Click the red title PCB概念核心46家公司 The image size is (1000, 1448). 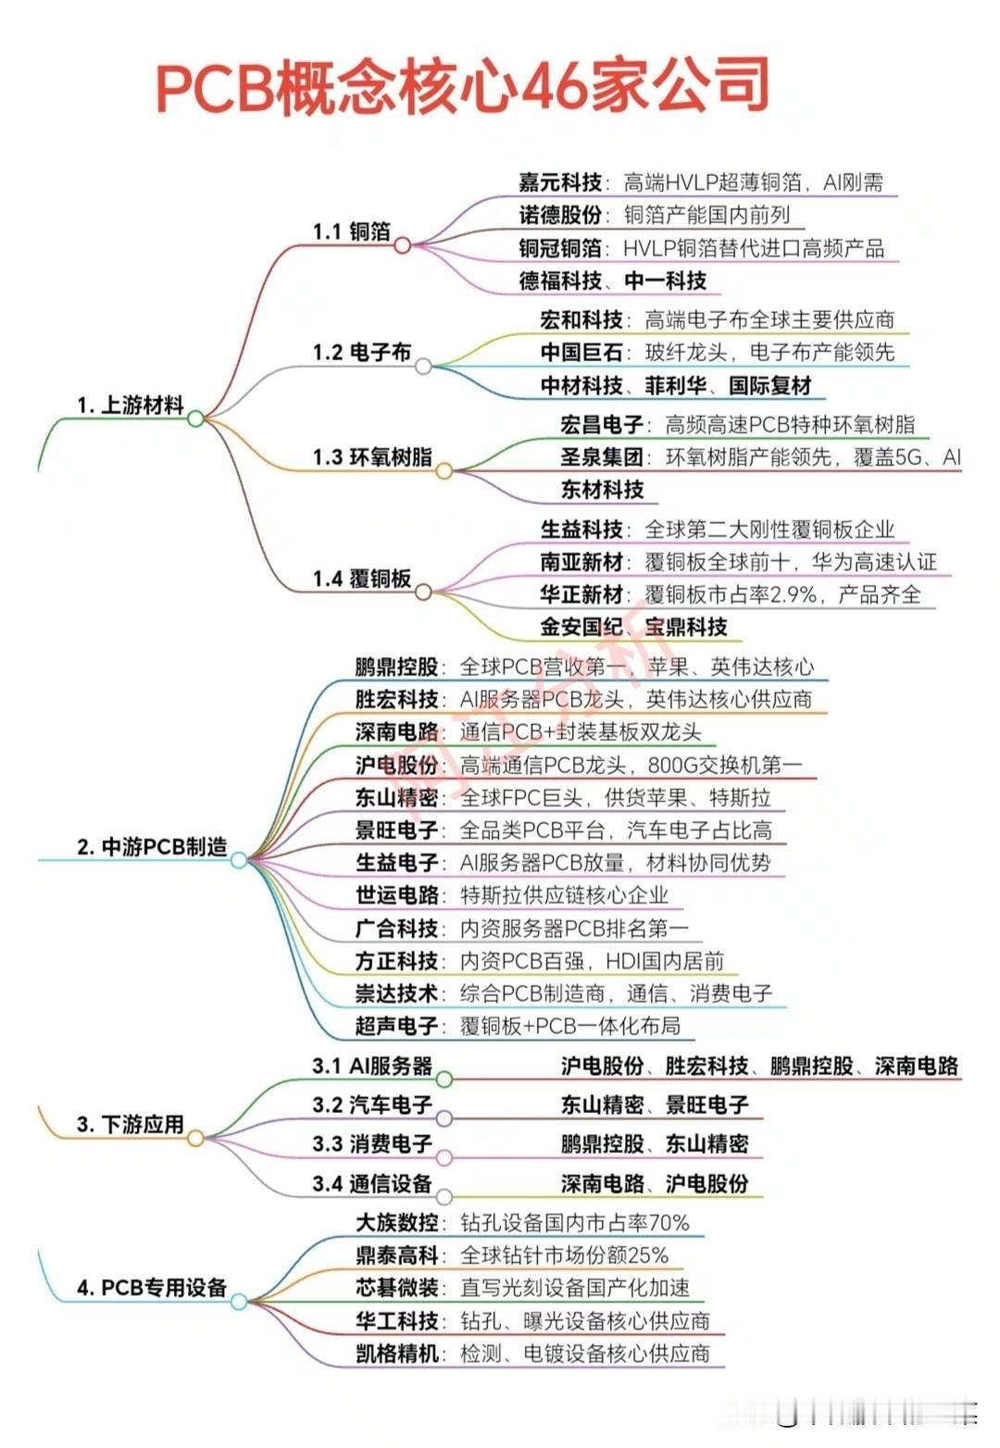pyautogui.click(x=461, y=86)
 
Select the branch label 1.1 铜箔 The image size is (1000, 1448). pyautogui.click(x=351, y=231)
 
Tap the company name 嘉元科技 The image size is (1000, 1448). pyautogui.click(x=559, y=182)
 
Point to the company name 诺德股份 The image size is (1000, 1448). pyautogui.click(x=559, y=215)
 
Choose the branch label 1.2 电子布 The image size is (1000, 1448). pyautogui.click(x=361, y=352)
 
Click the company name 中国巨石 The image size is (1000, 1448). pyautogui.click(x=581, y=352)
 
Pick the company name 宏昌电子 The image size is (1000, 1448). pyautogui.click(x=602, y=424)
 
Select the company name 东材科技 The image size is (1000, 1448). pyautogui.click(x=602, y=489)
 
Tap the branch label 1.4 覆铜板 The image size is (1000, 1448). pyautogui.click(x=361, y=579)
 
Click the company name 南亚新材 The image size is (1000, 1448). pyautogui.click(x=581, y=562)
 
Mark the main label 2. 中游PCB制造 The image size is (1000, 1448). pyautogui.click(x=152, y=846)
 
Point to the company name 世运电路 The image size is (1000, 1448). pyautogui.click(x=396, y=895)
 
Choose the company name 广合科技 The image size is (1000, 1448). pyautogui.click(x=396, y=928)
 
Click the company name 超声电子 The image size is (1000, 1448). pyautogui.click(x=396, y=1026)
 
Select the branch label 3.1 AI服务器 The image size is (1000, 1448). pyautogui.click(x=372, y=1066)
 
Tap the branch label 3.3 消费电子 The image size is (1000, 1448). pyautogui.click(x=372, y=1143)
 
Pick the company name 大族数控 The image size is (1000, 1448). pyautogui.click(x=396, y=1222)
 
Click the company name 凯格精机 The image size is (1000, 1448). pyautogui.click(x=396, y=1353)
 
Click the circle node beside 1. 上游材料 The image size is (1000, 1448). pyautogui.click(x=195, y=418)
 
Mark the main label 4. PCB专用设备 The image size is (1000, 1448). pyautogui.click(x=152, y=1287)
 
